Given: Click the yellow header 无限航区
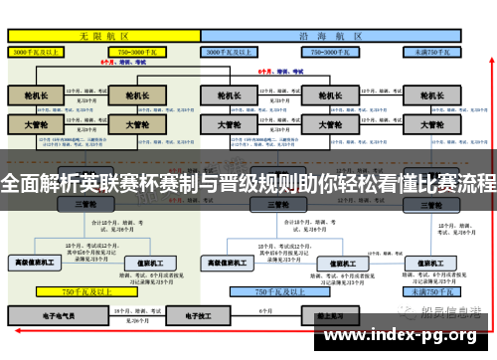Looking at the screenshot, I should pos(104,34).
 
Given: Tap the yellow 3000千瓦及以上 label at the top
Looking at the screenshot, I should pos(38,50).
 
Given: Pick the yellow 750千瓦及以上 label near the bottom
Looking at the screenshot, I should pos(85,292).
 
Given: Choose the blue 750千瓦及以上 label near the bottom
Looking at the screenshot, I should pos(277,292).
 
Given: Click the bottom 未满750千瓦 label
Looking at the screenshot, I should pos(433,292).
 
